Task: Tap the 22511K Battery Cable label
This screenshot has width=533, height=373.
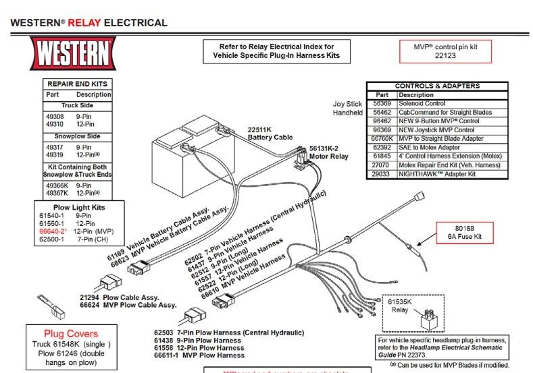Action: [270, 133]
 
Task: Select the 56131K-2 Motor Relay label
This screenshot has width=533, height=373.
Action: [328, 152]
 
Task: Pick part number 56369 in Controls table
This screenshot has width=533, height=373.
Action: [382, 104]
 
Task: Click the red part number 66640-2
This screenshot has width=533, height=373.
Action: [52, 231]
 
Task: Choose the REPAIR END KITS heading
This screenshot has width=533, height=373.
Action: [76, 84]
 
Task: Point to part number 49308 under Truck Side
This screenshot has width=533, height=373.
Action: [55, 116]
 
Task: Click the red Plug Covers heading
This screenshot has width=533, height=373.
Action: [71, 333]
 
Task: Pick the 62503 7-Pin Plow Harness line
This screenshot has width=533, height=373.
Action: [229, 333]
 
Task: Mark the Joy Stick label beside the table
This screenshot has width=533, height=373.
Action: [348, 104]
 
